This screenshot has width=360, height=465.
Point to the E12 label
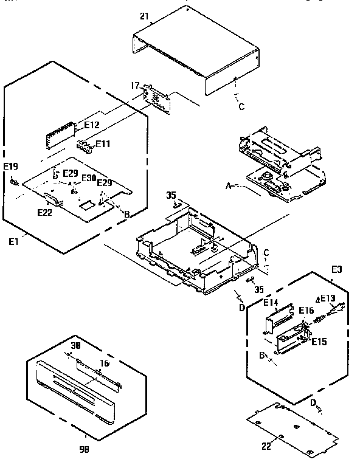coord(92,125)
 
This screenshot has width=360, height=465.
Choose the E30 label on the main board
coord(88,177)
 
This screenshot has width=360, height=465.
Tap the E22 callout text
coord(44,212)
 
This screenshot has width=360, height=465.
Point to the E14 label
coord(271,302)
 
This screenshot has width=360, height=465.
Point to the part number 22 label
coord(266,446)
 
